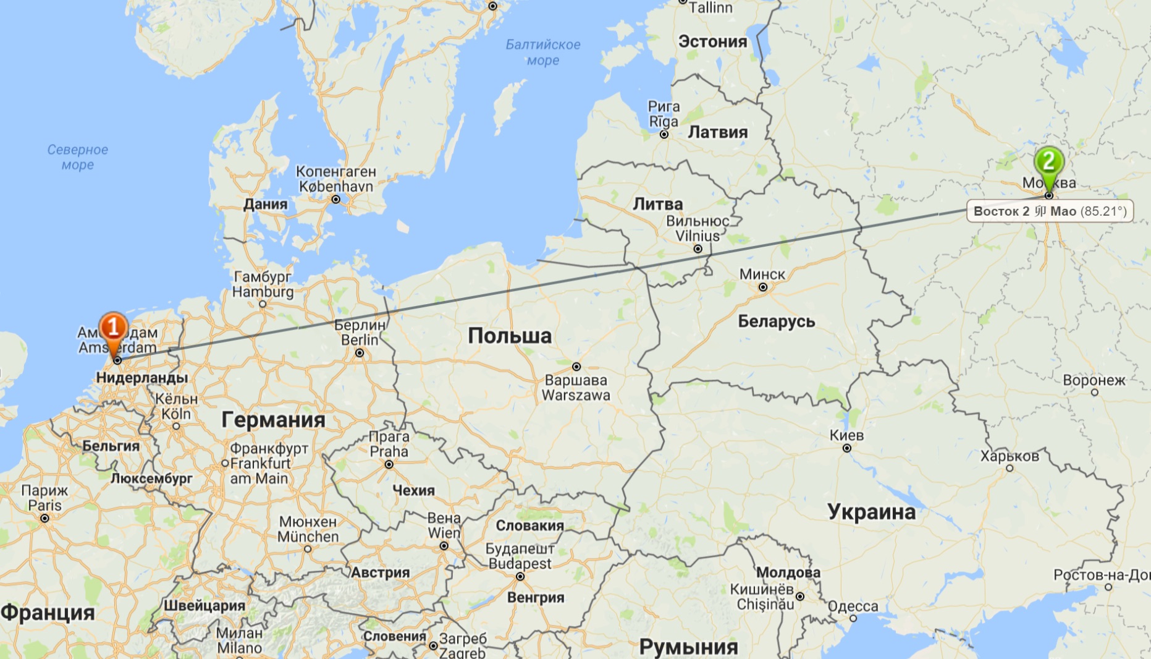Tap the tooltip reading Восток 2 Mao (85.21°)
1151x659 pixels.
[x=1050, y=211]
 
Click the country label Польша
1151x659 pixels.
[x=510, y=336]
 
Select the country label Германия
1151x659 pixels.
[x=273, y=420]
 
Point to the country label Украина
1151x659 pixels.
[x=871, y=512]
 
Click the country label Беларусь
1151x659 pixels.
[x=777, y=321]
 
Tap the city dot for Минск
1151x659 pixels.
[x=763, y=287]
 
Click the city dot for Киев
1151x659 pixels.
[x=846, y=448]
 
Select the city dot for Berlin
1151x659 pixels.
[x=360, y=353]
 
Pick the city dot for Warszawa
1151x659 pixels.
[x=576, y=367]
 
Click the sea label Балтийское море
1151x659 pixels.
[x=543, y=53]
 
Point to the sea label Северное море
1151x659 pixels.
[x=78, y=157]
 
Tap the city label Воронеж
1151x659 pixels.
[x=1094, y=380]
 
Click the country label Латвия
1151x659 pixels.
[x=718, y=132]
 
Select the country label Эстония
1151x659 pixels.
[x=713, y=42]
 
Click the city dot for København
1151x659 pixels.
[x=335, y=199]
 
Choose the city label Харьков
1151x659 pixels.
[x=1010, y=456]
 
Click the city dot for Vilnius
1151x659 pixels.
[x=698, y=249]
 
